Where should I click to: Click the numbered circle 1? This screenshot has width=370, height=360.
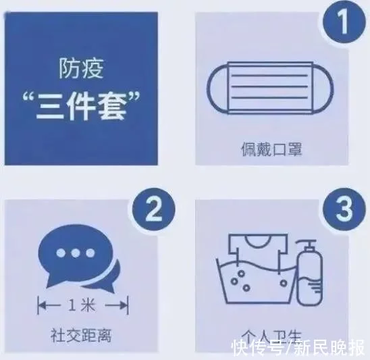pyautogui.click(x=344, y=22)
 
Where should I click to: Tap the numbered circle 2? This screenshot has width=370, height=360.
pyautogui.click(x=154, y=209)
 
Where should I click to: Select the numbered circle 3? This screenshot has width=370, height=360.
pyautogui.click(x=344, y=209)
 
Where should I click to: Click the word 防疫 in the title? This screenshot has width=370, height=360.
pyautogui.click(x=81, y=68)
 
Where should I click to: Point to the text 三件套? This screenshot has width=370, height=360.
pyautogui.click(x=81, y=107)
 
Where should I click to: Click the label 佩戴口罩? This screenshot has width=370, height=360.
pyautogui.click(x=271, y=149)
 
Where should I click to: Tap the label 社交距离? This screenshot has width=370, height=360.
pyautogui.click(x=81, y=336)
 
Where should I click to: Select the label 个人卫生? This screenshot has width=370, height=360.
pyautogui.click(x=271, y=336)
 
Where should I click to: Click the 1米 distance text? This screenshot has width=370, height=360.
pyautogui.click(x=82, y=305)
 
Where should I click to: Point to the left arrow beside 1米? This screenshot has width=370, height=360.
pyautogui.click(x=49, y=305)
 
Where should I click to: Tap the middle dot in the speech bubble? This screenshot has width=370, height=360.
pyautogui.click(x=75, y=253)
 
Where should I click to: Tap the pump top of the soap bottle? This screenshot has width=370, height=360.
pyautogui.click(x=307, y=245)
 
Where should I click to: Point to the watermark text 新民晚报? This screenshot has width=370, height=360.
pyautogui.click(x=329, y=347)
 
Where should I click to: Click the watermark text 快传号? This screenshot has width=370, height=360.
pyautogui.click(x=257, y=347)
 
